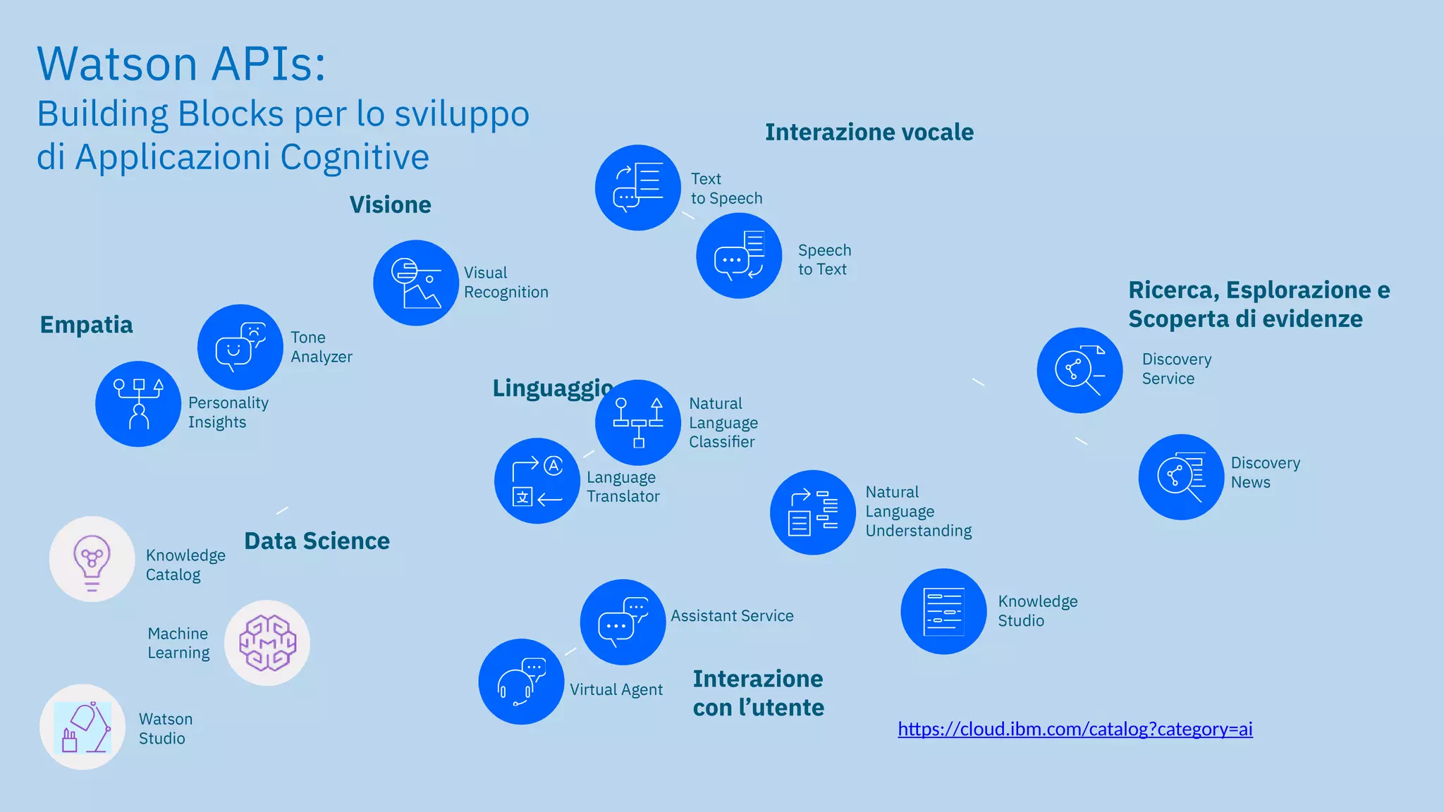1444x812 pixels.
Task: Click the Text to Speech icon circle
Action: pos(637,187)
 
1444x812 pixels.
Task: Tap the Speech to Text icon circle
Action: pos(739,256)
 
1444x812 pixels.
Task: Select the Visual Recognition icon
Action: pos(416,283)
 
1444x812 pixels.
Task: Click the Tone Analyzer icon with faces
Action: pos(240,347)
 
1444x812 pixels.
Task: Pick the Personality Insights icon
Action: pos(138,404)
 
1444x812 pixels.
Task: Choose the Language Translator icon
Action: pos(537,481)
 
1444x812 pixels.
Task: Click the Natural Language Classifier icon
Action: pos(638,422)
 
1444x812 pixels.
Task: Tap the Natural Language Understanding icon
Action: pos(813,512)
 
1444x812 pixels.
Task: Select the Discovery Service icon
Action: pos(1079,370)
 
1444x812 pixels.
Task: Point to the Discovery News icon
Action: pos(1181,477)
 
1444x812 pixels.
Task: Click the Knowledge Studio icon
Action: pos(943,611)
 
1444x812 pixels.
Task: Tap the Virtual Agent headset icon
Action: pos(521,682)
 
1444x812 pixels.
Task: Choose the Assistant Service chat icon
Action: pos(623,622)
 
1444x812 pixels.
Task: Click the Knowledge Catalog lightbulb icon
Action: pos(92,559)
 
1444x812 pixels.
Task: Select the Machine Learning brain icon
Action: pos(267,643)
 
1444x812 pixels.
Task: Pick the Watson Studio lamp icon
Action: pos(83,727)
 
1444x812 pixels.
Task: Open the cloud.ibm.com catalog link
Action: pos(1075,729)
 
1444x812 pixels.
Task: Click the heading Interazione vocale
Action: pos(869,132)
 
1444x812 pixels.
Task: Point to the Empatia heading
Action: pos(86,325)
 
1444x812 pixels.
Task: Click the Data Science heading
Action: pos(317,541)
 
